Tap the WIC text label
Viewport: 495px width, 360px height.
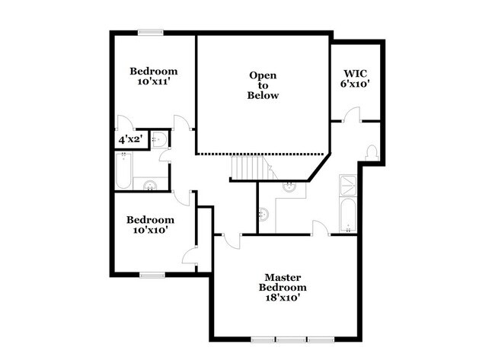354,73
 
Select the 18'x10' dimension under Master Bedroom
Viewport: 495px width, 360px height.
283,298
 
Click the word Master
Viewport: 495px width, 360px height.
283,277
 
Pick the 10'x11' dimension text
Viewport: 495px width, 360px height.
153,81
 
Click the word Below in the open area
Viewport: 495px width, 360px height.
263,96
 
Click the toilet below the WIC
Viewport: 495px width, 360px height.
372,152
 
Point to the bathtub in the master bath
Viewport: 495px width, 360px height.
347,215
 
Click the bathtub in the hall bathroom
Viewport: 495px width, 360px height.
124,170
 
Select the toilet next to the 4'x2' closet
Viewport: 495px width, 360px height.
158,139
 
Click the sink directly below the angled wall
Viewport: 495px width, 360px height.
290,184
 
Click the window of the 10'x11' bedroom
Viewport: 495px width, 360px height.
151,32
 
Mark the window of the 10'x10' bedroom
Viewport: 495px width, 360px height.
152,274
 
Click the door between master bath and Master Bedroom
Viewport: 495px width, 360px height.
320,228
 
